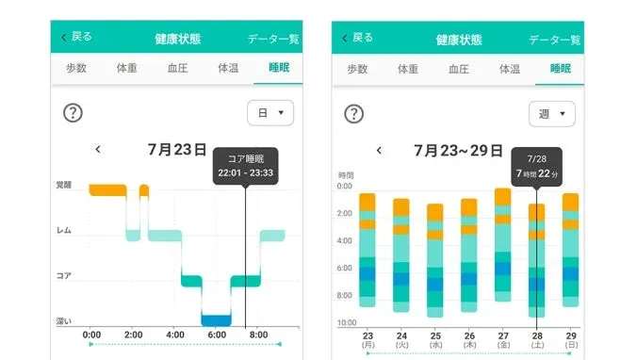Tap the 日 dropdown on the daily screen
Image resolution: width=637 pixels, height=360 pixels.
[x=269, y=113]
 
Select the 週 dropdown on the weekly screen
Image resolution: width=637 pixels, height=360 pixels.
[x=551, y=114]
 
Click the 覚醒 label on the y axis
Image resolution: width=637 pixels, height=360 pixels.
[x=63, y=186]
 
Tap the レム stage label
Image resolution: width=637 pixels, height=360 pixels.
[x=63, y=231]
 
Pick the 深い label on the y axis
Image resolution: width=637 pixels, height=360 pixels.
[x=63, y=321]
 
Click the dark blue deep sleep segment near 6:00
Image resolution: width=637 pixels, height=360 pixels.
[x=216, y=319]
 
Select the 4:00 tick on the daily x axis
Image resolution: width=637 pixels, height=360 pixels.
[x=174, y=335]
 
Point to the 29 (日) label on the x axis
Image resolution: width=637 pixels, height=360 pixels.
[x=570, y=339]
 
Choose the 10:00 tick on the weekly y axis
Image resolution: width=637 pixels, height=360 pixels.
[x=346, y=322]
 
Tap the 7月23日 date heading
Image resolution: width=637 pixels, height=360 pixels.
[x=177, y=149]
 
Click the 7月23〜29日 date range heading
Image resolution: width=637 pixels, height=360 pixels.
[x=461, y=149]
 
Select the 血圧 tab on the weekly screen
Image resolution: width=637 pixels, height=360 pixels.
[x=459, y=69]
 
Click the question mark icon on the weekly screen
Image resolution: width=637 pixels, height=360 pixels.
[x=354, y=113]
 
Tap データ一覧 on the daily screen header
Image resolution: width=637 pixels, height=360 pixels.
[x=273, y=39]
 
